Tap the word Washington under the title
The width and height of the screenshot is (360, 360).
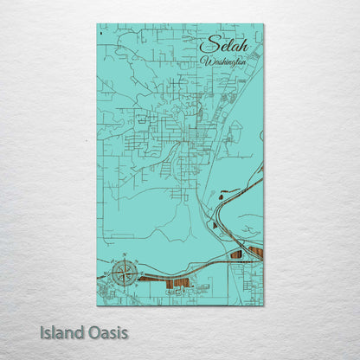point(223,61)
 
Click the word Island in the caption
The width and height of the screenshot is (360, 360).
point(61,332)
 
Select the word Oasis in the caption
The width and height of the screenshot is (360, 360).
point(106,332)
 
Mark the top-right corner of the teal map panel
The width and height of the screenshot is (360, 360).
point(263,24)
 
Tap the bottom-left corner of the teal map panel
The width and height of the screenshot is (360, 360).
point(97,305)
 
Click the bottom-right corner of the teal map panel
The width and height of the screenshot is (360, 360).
point(263,305)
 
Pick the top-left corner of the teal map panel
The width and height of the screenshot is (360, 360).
point(97,24)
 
